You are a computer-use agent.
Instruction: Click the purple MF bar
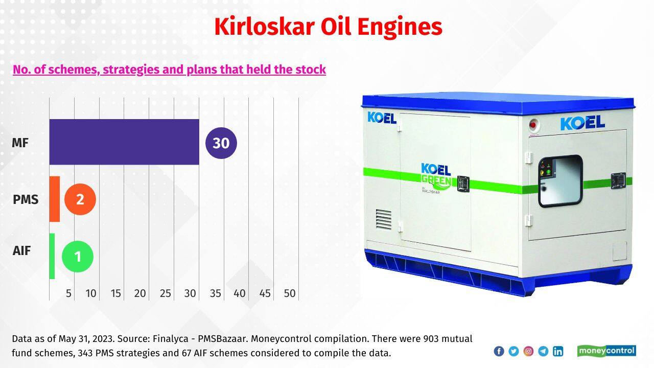pyautogui.click(x=124, y=142)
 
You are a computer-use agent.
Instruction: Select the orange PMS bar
pyautogui.click(x=55, y=199)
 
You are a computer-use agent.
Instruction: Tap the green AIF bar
pyautogui.click(x=52, y=256)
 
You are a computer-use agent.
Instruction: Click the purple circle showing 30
pyautogui.click(x=221, y=143)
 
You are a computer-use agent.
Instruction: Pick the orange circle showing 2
pyautogui.click(x=80, y=199)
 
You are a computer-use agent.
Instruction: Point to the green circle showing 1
pyautogui.click(x=78, y=257)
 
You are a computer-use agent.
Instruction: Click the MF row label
pyautogui.click(x=20, y=143)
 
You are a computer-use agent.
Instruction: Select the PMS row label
pyautogui.click(x=26, y=199)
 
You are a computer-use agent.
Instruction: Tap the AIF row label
pyautogui.click(x=21, y=250)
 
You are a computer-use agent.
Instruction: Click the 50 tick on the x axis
pyautogui.click(x=290, y=293)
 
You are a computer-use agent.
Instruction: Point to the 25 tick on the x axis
pyautogui.click(x=165, y=293)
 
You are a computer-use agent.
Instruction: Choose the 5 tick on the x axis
pyautogui.click(x=68, y=293)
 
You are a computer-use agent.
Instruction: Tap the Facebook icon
pyautogui.click(x=499, y=351)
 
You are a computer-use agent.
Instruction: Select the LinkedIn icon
pyautogui.click(x=558, y=351)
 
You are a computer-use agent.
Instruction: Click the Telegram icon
pyautogui.click(x=543, y=351)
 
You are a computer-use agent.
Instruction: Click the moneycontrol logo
pyautogui.click(x=606, y=351)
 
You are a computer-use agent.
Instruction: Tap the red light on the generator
pyautogui.click(x=533, y=125)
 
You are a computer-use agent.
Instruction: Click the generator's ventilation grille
pyautogui.click(x=384, y=219)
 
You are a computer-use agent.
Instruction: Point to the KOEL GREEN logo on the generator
pyautogui.click(x=436, y=177)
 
